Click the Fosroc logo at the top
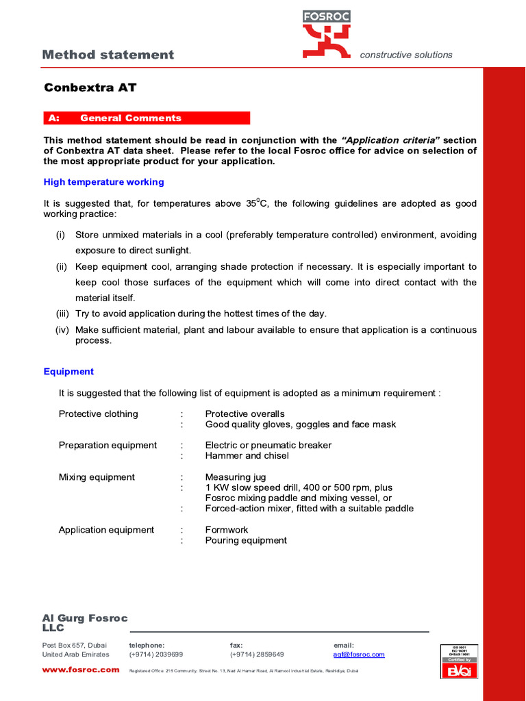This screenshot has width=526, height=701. tap(327, 34)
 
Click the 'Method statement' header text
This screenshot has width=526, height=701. tap(108, 55)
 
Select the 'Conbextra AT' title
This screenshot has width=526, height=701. tap(90, 88)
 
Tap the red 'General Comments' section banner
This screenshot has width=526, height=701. tap(147, 118)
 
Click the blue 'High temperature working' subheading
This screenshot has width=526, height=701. tap(103, 182)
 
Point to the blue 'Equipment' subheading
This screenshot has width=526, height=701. tap(68, 372)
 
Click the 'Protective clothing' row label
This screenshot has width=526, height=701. tap(98, 414)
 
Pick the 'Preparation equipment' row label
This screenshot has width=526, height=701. tap(108, 445)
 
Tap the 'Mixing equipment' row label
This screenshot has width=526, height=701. tap(97, 477)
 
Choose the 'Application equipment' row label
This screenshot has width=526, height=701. tap(106, 530)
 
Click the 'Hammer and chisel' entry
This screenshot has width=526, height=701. tap(247, 456)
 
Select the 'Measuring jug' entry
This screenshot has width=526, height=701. tap(236, 477)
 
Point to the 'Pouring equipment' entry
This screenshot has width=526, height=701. tap(246, 541)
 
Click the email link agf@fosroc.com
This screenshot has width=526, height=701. tap(359, 654)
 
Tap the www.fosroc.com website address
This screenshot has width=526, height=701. tap(81, 670)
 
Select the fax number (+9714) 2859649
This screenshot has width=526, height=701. tap(257, 654)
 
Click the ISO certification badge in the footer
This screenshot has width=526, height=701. tap(458, 661)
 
